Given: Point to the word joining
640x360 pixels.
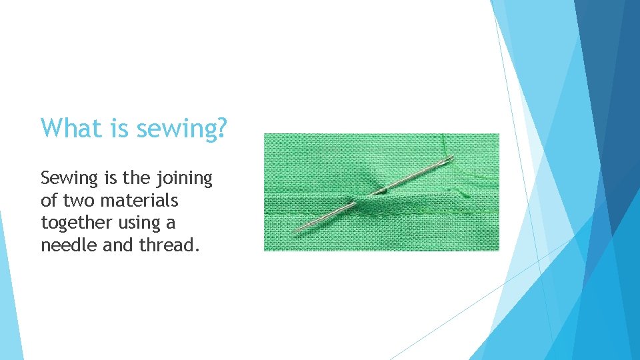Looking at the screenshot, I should pos(184,179).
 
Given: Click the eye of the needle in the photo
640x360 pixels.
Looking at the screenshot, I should pos(448,160).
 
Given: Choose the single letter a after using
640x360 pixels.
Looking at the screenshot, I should pos(171,223).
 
